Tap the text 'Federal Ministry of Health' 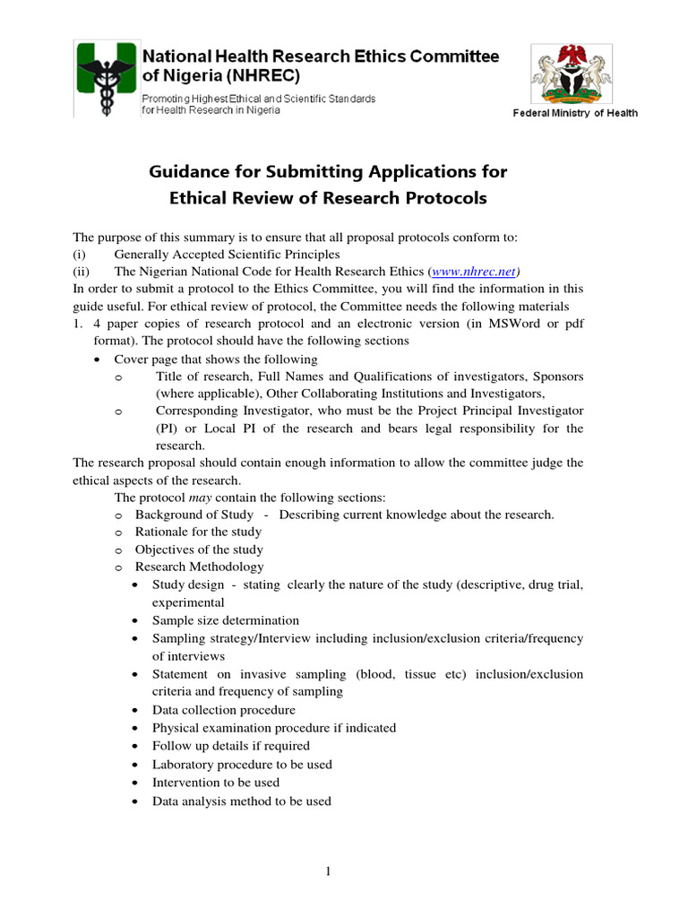[575, 113]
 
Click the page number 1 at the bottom [328, 871]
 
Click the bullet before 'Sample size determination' [133, 620]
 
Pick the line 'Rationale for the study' [198, 532]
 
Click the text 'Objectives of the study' [199, 550]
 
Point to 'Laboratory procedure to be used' [242, 764]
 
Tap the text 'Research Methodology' [199, 567]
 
